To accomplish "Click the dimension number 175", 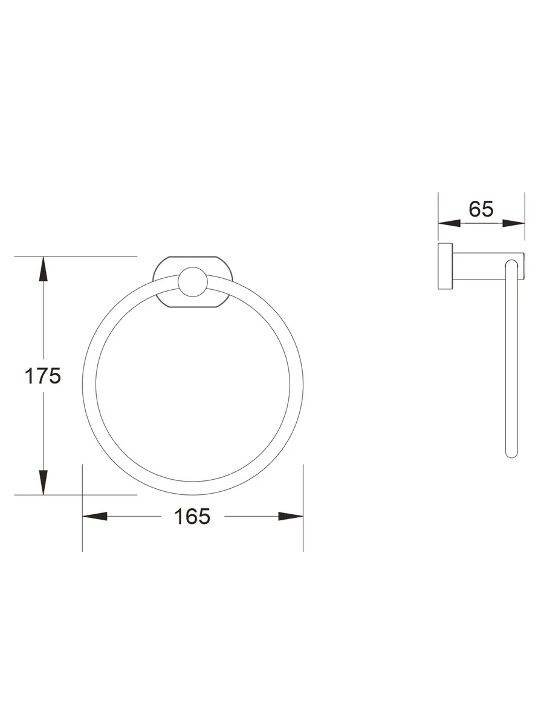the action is [x=43, y=376].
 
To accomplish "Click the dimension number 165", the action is [x=192, y=516].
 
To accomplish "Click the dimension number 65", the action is [x=481, y=209].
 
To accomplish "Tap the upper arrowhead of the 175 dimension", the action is [x=44, y=269].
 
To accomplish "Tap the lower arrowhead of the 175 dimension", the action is [x=44, y=482].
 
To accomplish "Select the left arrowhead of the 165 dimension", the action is [x=95, y=516].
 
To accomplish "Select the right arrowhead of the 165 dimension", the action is [x=291, y=516].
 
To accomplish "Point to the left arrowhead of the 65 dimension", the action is [x=449, y=223].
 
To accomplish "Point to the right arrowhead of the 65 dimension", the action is [x=514, y=223].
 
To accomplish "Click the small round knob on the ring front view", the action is [x=193, y=282].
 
